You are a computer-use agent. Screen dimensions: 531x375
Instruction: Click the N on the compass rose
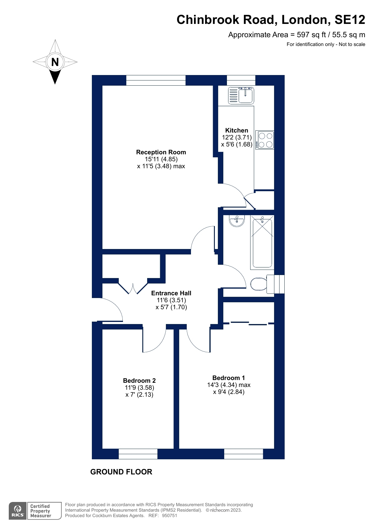click(55, 62)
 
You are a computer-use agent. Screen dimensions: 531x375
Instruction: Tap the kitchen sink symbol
click(241, 95)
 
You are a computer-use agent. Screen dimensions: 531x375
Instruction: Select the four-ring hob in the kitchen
click(265, 140)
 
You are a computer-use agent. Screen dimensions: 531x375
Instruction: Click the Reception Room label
click(161, 152)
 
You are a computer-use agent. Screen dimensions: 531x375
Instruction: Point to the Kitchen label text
click(237, 130)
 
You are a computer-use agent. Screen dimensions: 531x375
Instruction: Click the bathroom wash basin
click(237, 221)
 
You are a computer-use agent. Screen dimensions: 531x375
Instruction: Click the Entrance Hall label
click(171, 293)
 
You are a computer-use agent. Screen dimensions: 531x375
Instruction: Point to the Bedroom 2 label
click(139, 381)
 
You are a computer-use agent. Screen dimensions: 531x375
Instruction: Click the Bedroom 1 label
click(228, 378)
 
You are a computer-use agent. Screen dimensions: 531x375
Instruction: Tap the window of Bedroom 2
click(138, 454)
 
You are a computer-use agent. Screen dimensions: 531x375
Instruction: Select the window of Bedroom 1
click(244, 454)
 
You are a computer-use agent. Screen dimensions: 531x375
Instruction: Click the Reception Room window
click(156, 80)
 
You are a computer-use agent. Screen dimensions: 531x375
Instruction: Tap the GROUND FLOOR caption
click(121, 472)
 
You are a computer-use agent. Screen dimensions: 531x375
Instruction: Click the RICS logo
click(18, 511)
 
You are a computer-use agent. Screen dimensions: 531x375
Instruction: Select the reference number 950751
click(170, 516)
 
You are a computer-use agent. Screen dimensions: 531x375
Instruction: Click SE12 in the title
click(350, 20)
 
